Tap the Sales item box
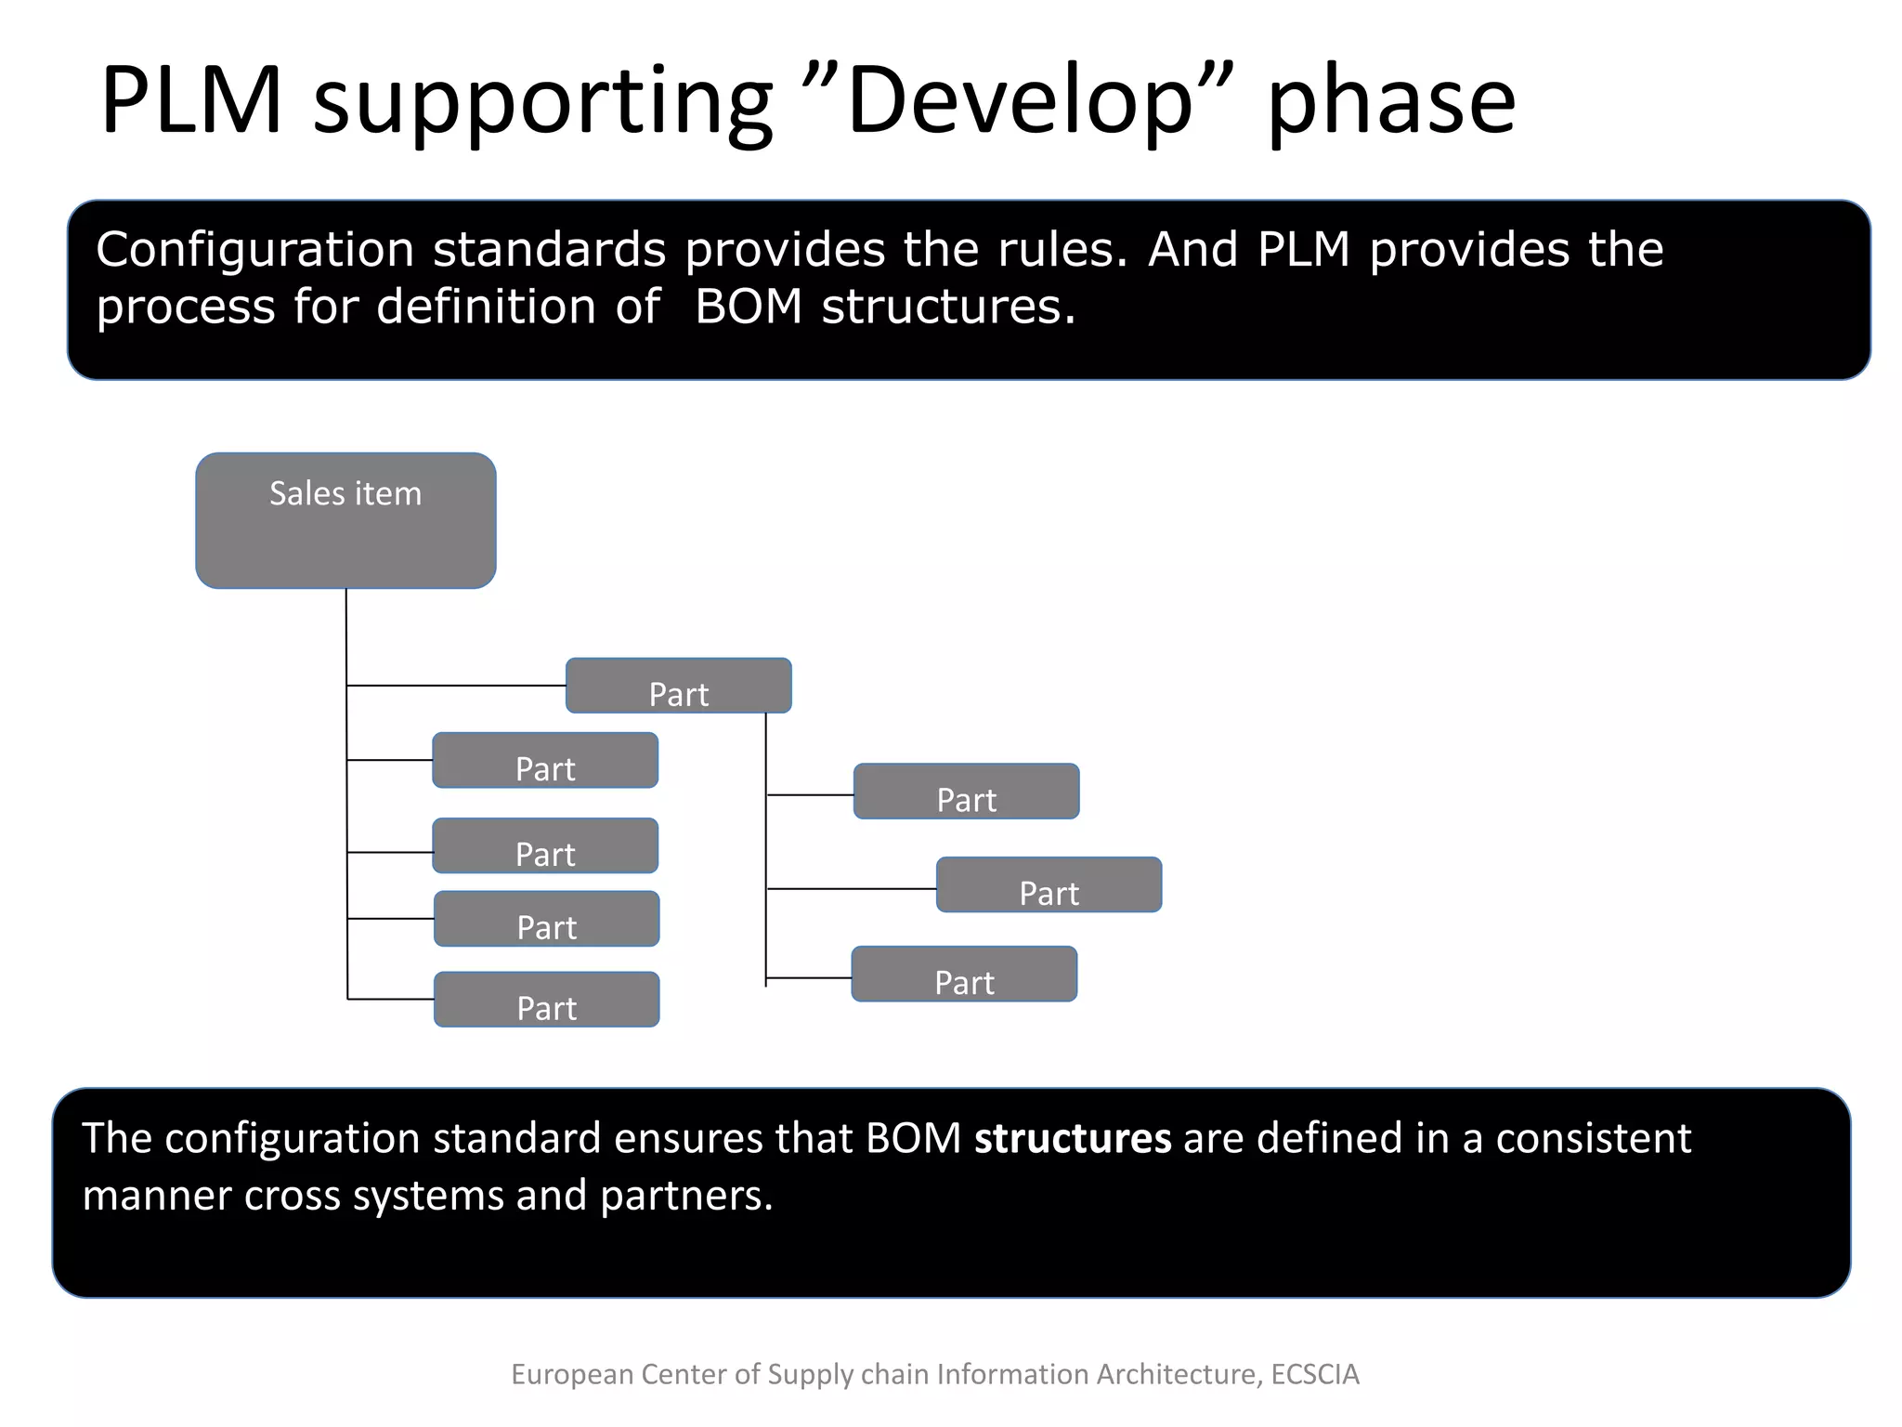pos(345,520)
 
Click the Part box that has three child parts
pos(679,687)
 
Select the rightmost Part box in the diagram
pos(1049,885)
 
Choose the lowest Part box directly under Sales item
pos(547,1000)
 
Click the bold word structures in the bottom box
pos(1073,1139)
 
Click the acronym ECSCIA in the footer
pos(1314,1374)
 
